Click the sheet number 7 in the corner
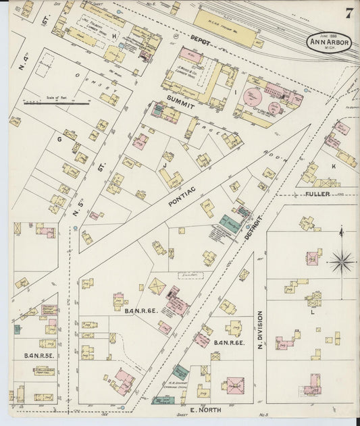349,14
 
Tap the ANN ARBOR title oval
329,43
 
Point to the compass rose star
342,261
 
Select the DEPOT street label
201,41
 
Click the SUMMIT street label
180,106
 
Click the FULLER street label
317,194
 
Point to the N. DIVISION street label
259,329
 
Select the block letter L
312,312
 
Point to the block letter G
59,139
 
